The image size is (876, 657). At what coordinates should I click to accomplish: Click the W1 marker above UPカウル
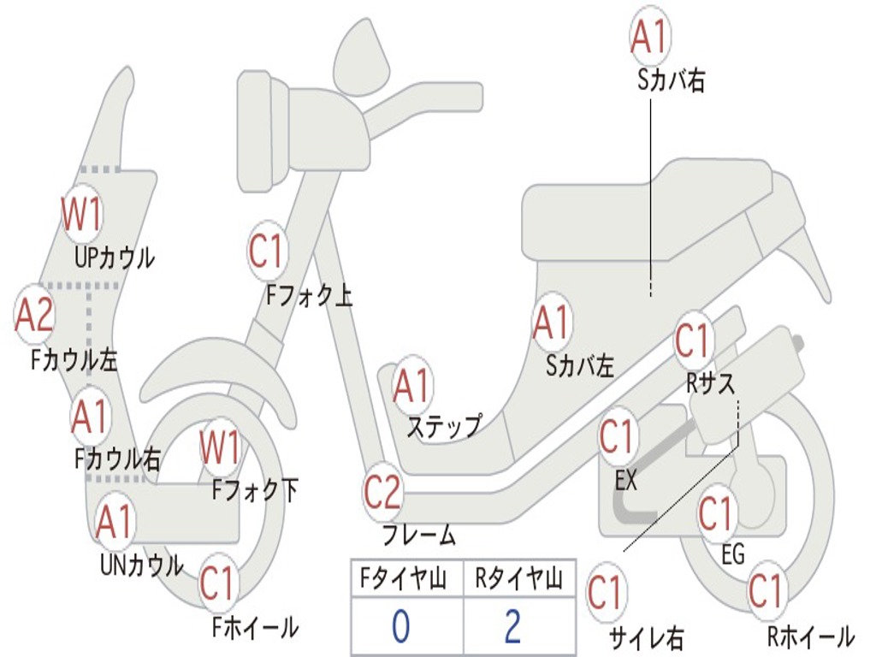tap(82, 215)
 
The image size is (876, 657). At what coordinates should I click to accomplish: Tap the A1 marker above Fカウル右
tap(90, 417)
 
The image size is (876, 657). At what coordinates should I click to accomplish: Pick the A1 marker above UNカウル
tap(115, 522)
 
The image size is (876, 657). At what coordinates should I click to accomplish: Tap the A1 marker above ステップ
tap(412, 387)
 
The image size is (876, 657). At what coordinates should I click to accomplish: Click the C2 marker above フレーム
tap(382, 493)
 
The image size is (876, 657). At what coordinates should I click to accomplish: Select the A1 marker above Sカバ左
tap(551, 323)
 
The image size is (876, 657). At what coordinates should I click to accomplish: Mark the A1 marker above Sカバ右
tap(648, 36)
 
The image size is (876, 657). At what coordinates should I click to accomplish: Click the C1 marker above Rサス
tap(694, 341)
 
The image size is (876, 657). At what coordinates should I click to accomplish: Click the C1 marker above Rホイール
tap(766, 591)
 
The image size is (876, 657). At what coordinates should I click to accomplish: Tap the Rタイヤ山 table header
tap(518, 581)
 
